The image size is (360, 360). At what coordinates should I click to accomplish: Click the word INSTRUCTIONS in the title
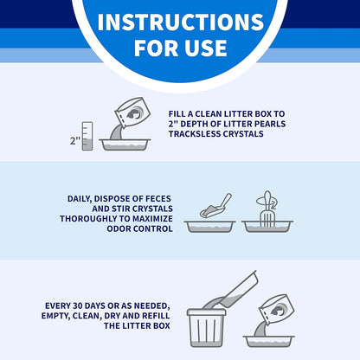point(181,22)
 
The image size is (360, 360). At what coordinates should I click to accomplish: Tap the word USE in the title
point(205,48)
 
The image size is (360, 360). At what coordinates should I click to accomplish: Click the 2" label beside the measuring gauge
point(75,141)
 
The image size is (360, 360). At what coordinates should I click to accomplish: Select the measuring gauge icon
point(87,136)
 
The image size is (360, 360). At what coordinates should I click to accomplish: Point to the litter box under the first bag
point(125,145)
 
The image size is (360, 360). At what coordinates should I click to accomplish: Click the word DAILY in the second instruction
point(79,199)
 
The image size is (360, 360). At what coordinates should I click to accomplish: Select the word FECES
point(158,199)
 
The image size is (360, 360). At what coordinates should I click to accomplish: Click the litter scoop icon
point(215,206)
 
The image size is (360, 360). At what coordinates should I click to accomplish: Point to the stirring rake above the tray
point(267,209)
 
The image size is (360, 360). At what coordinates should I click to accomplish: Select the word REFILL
point(156,316)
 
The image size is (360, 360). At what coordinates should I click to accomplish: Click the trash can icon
point(206,328)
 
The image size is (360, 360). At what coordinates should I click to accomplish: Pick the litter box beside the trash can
point(269,342)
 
